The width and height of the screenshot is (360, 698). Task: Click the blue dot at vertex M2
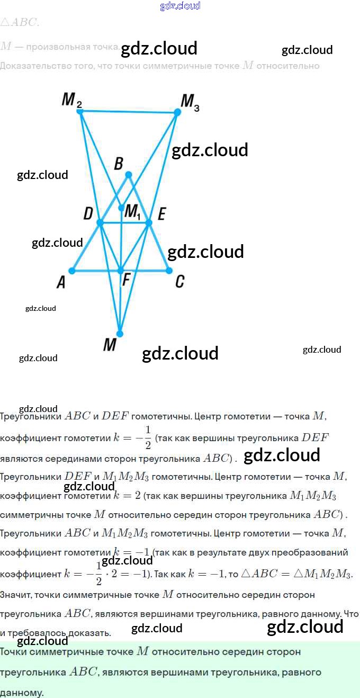point(80,111)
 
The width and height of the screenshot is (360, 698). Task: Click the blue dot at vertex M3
point(177,112)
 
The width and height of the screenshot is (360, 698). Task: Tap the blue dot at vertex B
point(128,174)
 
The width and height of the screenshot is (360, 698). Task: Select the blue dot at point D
point(100,223)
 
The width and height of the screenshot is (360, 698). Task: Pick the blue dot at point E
point(149,223)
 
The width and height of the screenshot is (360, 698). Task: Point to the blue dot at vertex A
point(72,271)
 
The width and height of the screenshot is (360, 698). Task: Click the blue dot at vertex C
point(169,271)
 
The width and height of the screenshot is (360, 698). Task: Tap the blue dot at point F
point(121,271)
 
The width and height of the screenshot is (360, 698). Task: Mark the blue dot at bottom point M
point(120,334)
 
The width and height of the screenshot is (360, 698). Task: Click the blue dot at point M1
point(121,208)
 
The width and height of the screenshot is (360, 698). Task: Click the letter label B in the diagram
point(119,163)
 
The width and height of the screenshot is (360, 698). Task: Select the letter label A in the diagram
point(61,283)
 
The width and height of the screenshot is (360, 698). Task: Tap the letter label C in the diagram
point(180,282)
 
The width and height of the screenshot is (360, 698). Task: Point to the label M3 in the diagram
point(190,102)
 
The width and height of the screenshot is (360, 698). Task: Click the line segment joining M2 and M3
point(129,112)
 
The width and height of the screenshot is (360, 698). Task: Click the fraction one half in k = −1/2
point(148,437)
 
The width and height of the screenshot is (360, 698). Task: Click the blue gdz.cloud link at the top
point(180,6)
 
